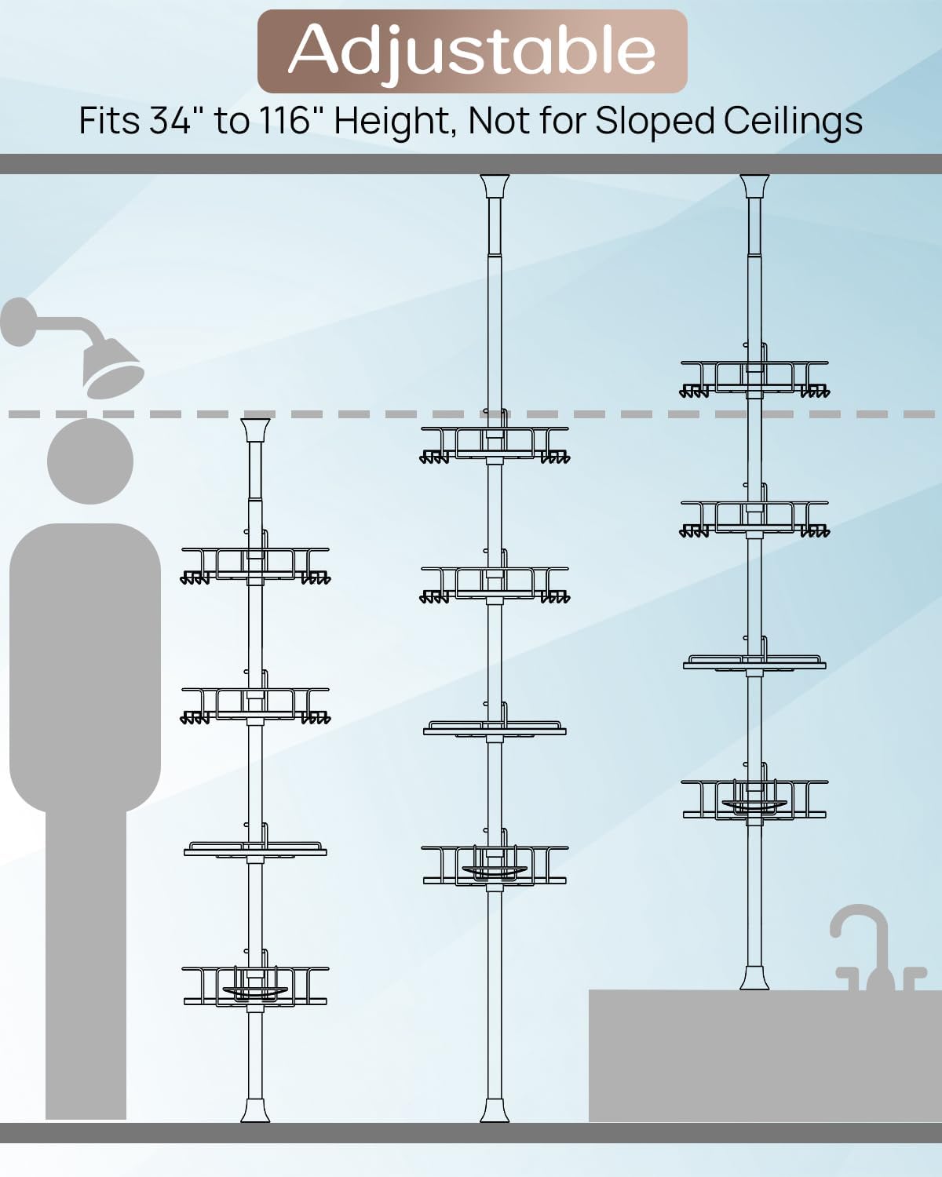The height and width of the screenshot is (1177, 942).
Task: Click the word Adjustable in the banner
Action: tap(472, 50)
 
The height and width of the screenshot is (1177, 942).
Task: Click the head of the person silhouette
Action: tap(90, 461)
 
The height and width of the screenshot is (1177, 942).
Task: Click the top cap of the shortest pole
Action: tap(255, 431)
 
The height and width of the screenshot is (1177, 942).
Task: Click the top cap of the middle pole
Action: tap(495, 186)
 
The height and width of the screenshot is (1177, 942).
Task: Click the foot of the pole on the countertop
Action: tap(754, 977)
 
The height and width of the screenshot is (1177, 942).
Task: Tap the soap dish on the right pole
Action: tap(754, 806)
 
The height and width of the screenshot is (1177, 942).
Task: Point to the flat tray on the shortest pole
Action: tap(255, 850)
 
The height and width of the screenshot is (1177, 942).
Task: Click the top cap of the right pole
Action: tap(754, 186)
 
